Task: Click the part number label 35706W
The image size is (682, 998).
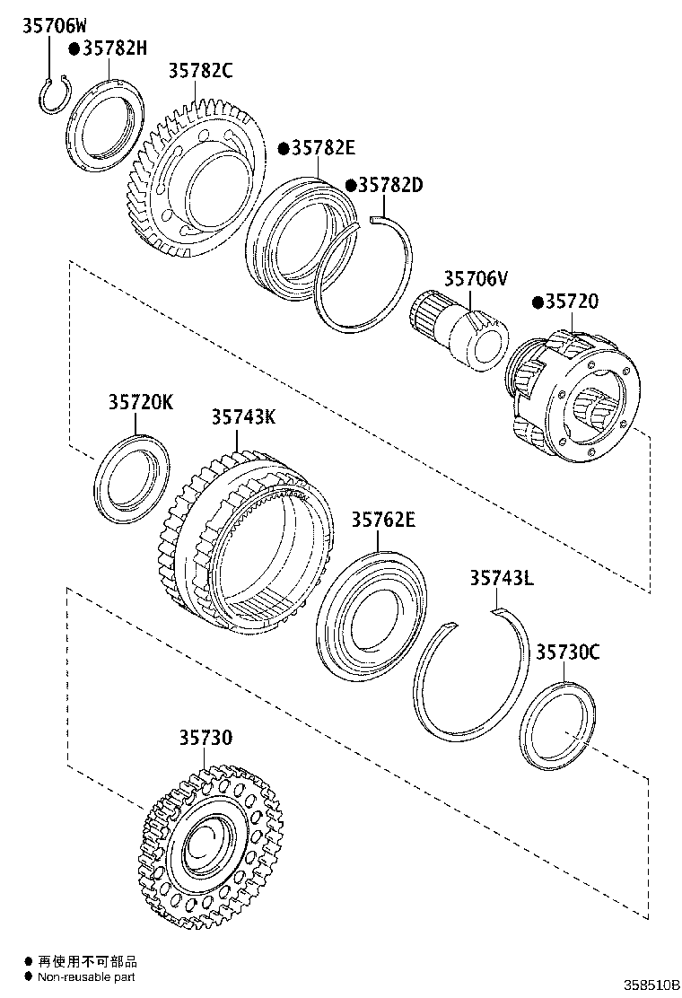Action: [x=55, y=27]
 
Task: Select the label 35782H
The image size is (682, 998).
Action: [x=113, y=48]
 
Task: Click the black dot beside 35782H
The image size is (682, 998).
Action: [x=74, y=49]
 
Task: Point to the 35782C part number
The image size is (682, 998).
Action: [x=200, y=70]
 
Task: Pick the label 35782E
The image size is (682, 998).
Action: [x=321, y=147]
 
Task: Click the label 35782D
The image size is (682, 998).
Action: [x=389, y=185]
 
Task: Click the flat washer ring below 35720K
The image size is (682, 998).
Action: [x=132, y=476]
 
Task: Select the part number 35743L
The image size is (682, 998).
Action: [x=501, y=579]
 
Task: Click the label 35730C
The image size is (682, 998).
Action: [x=567, y=652]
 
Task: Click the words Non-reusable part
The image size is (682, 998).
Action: [x=86, y=976]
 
